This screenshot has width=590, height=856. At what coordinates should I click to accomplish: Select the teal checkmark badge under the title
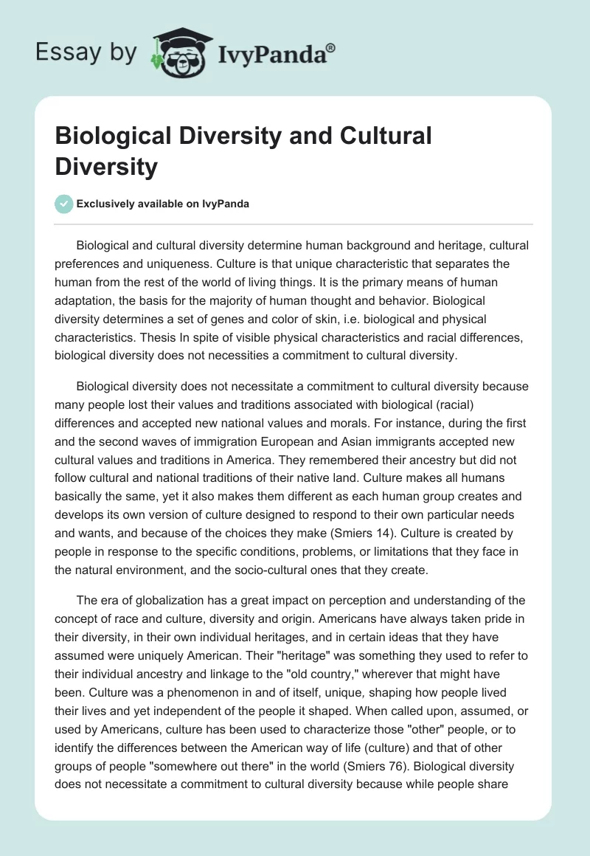pyautogui.click(x=64, y=204)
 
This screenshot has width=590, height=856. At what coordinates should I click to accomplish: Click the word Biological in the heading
pyautogui.click(x=105, y=137)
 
